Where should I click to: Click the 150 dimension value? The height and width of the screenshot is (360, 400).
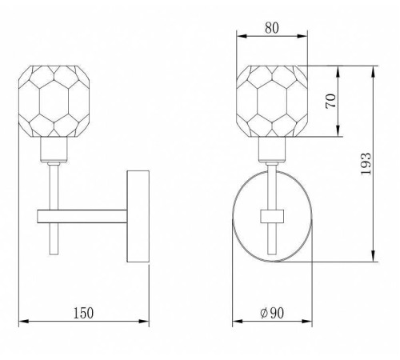[x=83, y=313]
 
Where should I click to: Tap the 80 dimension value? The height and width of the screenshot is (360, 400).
[x=272, y=28]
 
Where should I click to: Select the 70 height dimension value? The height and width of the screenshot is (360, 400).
[x=331, y=101]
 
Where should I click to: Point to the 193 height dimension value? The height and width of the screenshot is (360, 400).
[x=366, y=164]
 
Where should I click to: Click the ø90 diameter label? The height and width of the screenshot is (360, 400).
[x=272, y=313]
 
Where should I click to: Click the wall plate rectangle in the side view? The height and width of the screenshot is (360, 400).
[x=138, y=216]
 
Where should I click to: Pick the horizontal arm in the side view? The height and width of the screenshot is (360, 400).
[x=82, y=216]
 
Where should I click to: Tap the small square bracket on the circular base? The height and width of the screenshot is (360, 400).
[x=272, y=216]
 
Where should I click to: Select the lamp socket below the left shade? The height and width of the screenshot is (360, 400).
[x=54, y=149]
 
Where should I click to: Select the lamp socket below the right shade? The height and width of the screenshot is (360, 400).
[x=272, y=149]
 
